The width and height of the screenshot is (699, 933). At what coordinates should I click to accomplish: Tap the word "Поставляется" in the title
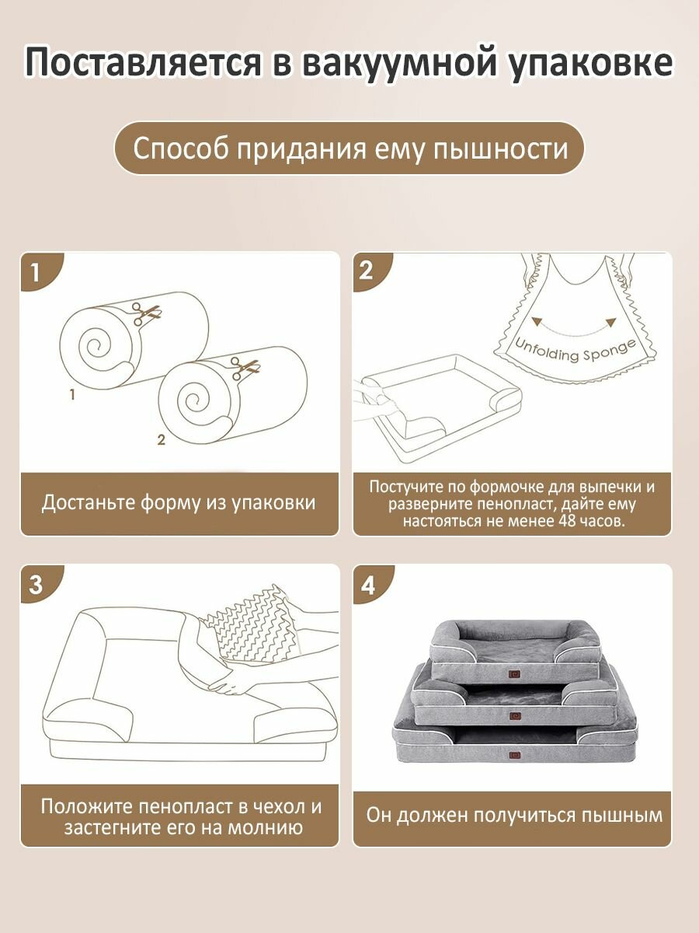coord(143,62)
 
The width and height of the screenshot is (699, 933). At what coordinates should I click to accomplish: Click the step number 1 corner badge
coord(40,271)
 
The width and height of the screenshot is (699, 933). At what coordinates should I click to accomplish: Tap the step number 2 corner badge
coord(372,271)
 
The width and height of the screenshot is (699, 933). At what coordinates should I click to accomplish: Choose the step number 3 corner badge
coord(40,584)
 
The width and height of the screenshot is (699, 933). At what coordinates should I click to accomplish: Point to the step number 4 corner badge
coord(372,584)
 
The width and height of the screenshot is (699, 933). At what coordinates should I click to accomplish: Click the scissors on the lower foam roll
coord(245,368)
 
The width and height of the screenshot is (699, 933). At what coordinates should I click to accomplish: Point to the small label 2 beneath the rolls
coord(161,440)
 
